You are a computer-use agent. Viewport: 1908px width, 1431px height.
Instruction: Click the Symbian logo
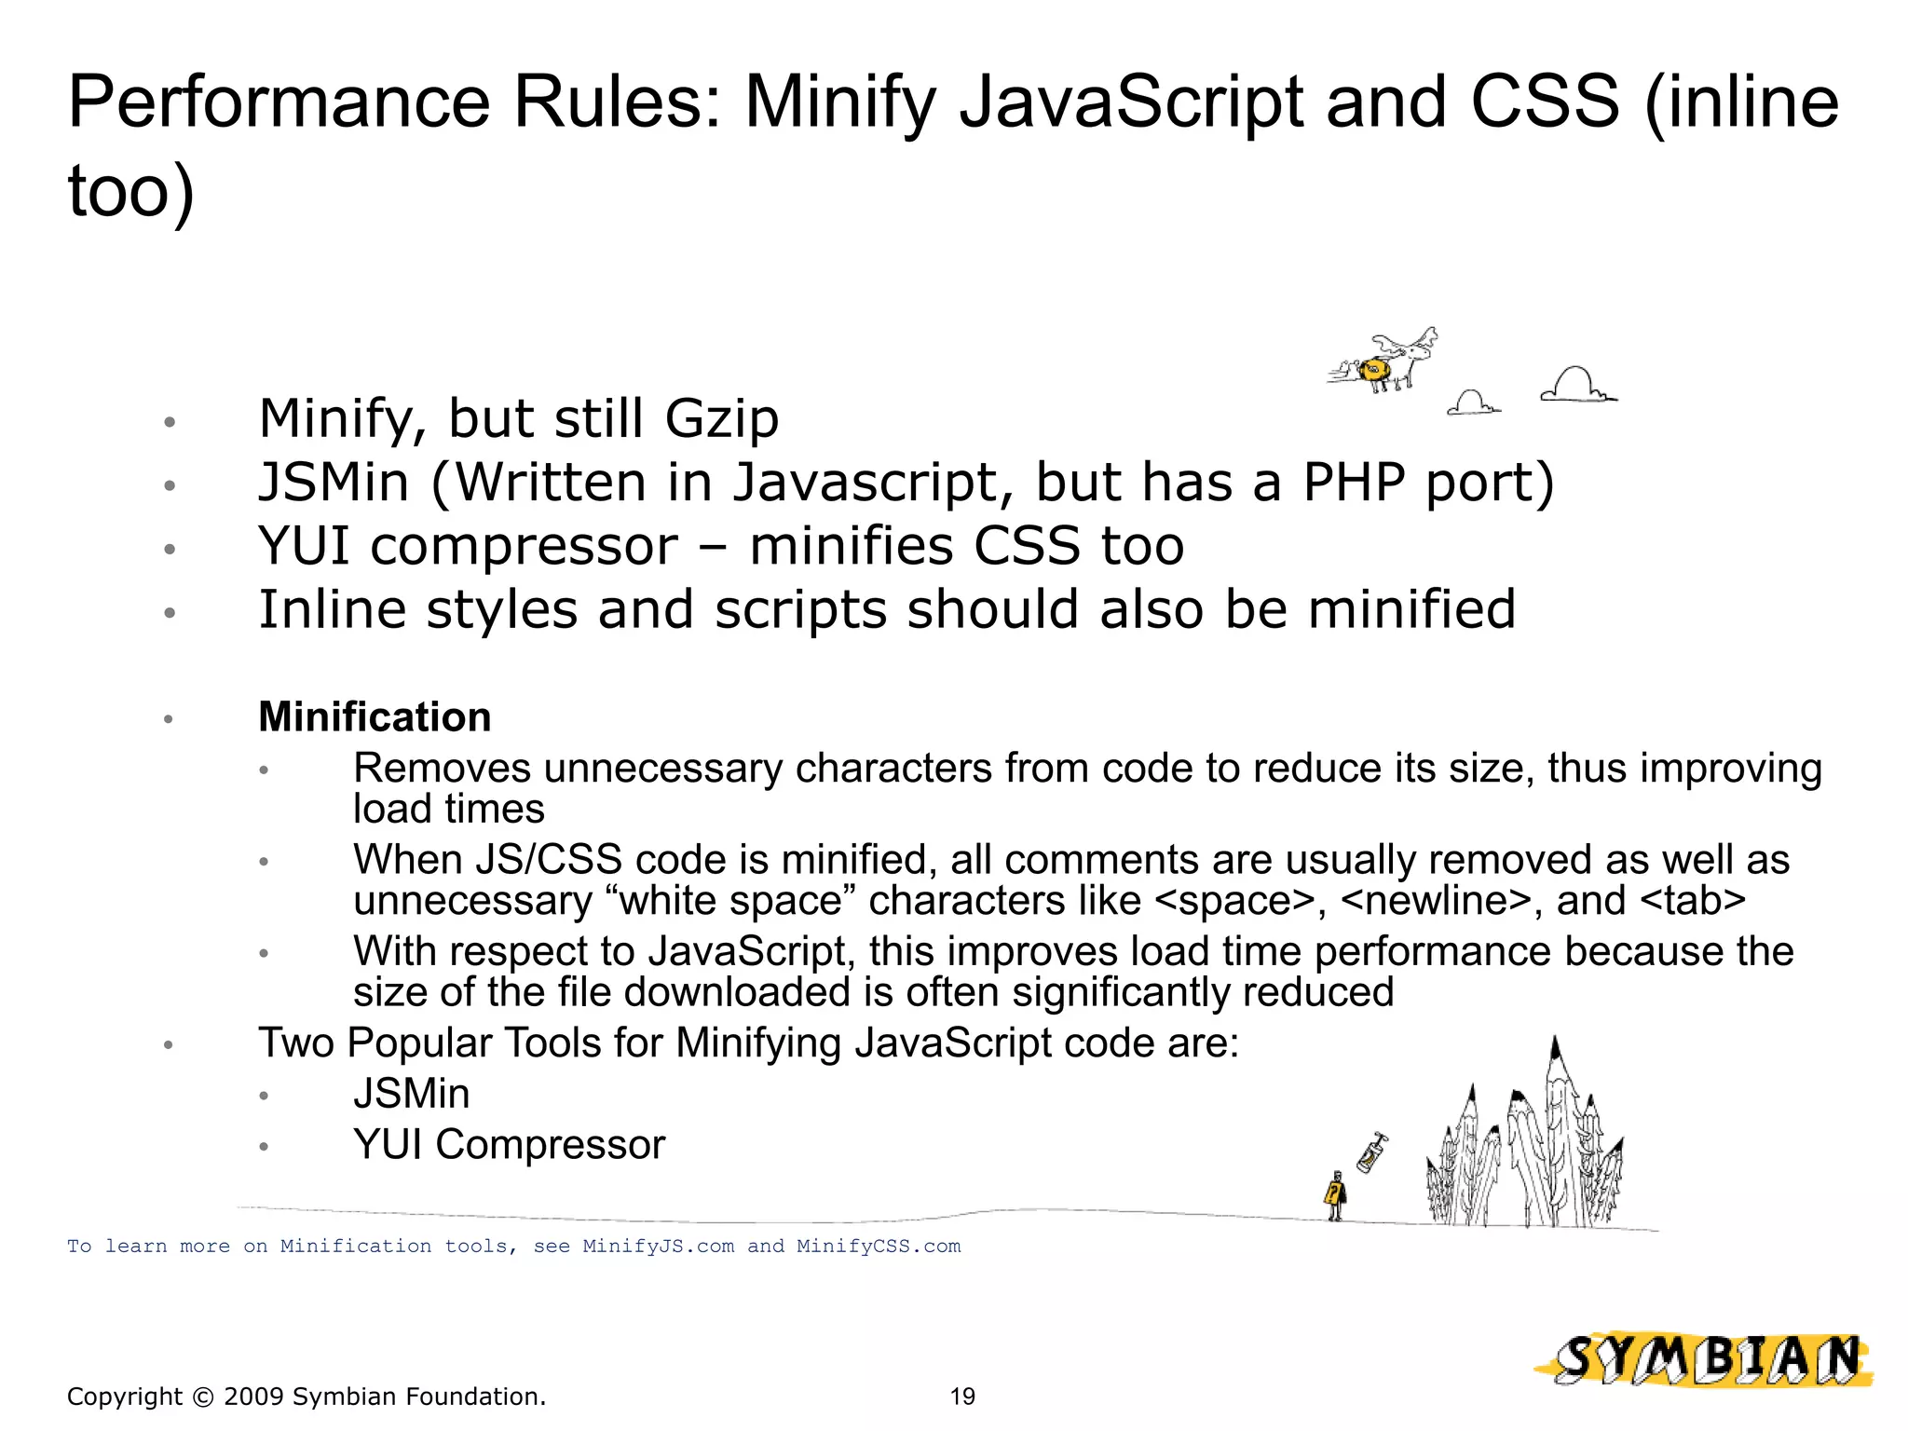1705,1361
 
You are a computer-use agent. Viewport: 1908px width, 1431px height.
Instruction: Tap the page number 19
962,1397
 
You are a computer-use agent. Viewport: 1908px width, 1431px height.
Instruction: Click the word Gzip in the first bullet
721,419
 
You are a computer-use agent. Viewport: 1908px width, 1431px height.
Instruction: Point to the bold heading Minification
375,717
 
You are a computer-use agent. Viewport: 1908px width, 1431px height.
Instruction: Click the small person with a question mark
1335,1196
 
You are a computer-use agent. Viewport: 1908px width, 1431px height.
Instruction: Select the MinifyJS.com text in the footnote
658,1247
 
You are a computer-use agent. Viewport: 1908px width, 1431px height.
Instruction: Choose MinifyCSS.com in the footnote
878,1247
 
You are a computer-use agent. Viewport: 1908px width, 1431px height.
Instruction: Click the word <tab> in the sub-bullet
1692,901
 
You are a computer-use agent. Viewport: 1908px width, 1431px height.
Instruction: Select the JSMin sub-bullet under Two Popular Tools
411,1094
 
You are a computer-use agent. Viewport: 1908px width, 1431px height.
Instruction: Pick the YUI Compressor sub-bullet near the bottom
509,1145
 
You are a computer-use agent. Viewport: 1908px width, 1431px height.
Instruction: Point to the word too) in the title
131,191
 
